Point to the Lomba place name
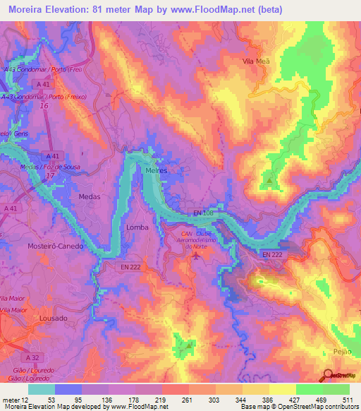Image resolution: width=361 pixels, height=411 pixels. pos(137,227)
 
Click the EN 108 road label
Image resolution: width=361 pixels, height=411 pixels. pos(203,212)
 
